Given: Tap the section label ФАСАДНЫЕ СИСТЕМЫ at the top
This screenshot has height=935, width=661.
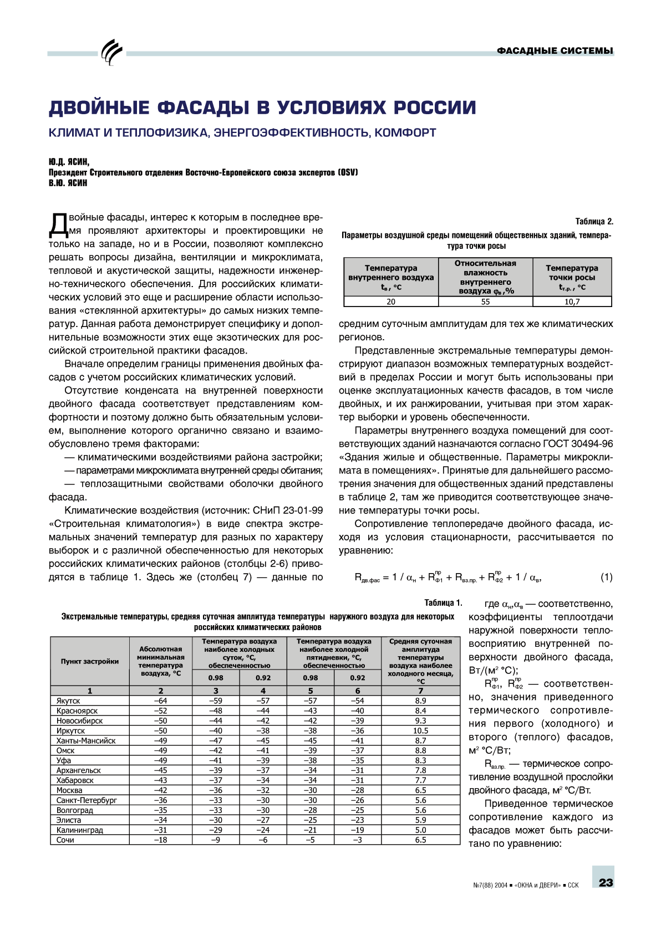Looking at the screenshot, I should [555, 51].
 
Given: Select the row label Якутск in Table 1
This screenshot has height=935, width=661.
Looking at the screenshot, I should [68, 701].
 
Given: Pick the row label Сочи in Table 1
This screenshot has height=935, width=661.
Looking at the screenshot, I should [65, 840].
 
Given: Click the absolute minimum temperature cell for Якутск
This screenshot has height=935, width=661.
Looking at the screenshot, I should [160, 701].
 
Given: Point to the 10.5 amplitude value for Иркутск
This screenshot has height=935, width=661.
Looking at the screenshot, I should [420, 730].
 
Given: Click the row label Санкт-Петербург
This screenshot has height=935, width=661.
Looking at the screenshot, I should [87, 800].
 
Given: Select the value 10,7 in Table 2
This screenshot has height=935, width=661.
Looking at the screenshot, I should [572, 302].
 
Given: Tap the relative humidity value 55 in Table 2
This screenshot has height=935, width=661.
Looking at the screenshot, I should [485, 302].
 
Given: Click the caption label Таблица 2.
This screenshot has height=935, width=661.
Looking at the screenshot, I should [594, 221].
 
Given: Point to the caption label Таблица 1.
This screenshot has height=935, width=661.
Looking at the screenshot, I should [443, 602].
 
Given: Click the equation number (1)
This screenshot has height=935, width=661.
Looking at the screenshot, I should [606, 577].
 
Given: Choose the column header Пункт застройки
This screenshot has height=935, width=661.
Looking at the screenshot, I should [90, 661].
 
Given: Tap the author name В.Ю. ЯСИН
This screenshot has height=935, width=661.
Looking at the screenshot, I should [68, 183].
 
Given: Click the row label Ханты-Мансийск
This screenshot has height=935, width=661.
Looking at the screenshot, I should [86, 740].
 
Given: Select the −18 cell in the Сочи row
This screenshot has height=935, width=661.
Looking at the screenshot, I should [160, 840].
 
